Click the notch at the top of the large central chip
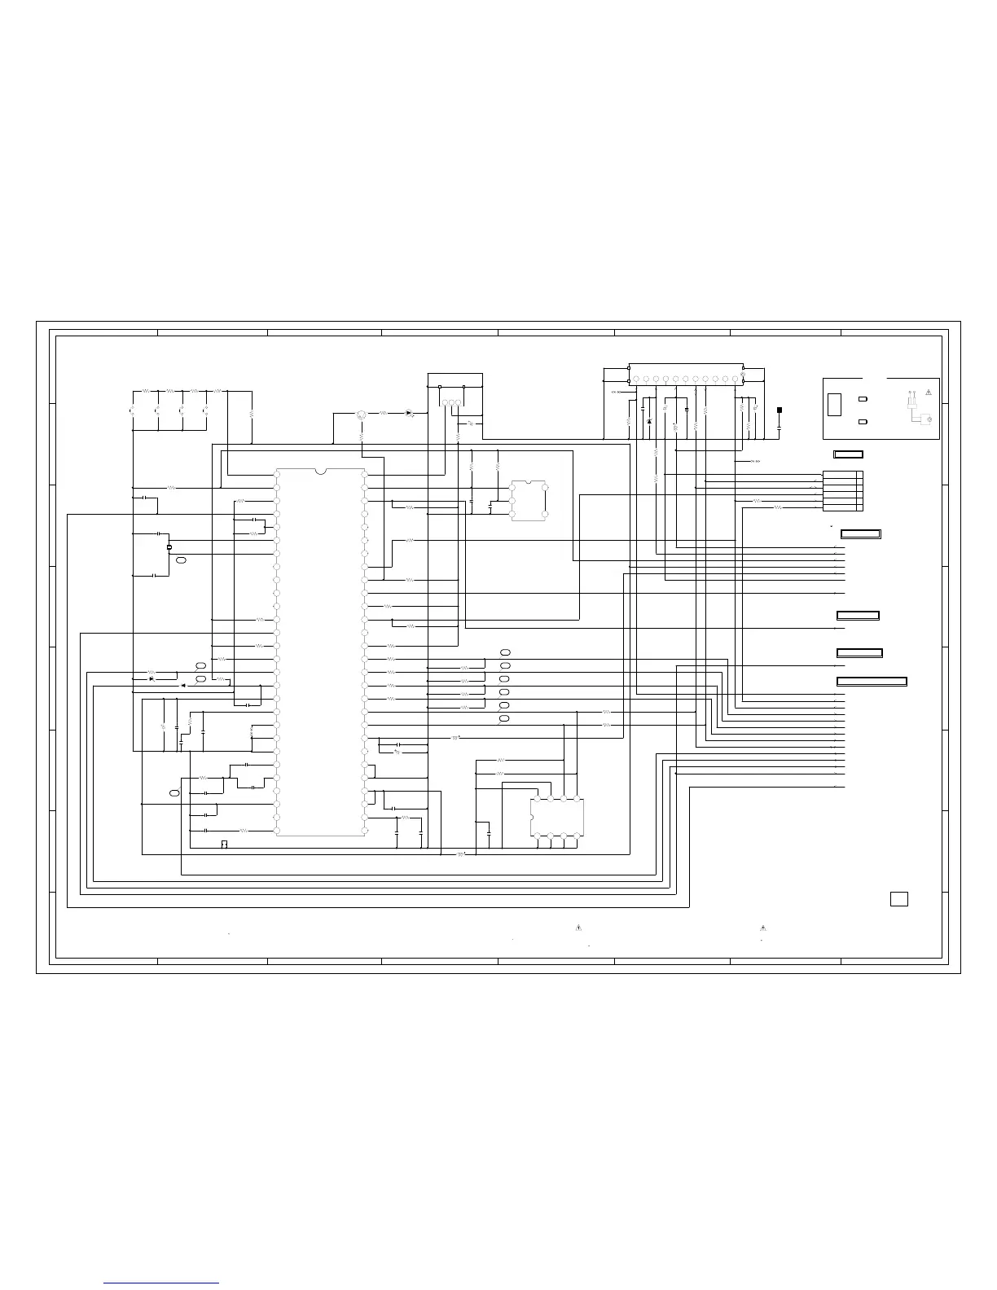[320, 471]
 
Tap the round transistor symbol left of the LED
[361, 415]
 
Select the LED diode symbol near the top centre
[409, 413]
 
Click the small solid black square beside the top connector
[780, 410]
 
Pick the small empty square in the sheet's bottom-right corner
[898, 898]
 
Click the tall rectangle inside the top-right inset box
[835, 405]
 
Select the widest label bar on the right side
[872, 681]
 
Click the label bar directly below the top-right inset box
[847, 454]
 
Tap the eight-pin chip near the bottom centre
[557, 817]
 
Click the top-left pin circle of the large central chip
[278, 474]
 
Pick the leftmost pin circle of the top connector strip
[636, 379]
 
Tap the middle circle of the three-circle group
[452, 402]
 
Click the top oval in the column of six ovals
[505, 653]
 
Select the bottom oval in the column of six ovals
[505, 719]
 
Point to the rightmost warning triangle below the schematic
[763, 927]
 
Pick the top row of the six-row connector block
[842, 474]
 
